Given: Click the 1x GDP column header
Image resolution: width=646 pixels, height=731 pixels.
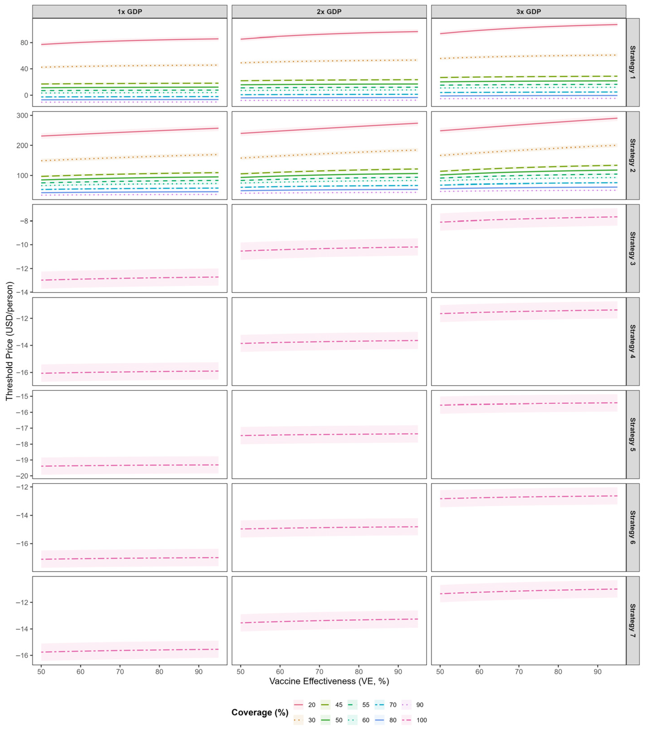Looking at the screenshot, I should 130,12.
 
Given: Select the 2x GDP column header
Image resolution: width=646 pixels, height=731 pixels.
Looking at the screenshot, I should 329,12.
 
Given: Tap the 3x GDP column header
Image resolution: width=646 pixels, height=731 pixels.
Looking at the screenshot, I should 528,12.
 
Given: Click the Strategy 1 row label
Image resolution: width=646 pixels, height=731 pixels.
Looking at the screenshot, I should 632,62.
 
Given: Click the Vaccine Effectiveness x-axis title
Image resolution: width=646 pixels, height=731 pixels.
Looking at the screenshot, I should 329,681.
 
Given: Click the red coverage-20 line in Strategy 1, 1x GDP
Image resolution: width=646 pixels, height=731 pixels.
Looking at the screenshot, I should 130,41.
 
